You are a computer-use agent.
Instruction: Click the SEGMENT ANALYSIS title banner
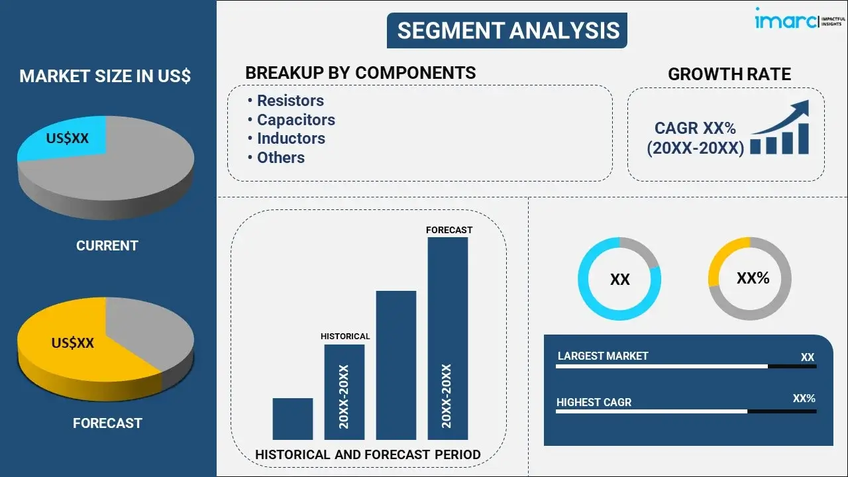point(507,30)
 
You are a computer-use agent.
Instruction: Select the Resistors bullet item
point(290,101)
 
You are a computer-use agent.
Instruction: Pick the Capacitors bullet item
point(295,120)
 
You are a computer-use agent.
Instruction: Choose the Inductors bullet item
point(291,138)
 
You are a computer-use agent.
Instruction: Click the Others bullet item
point(280,158)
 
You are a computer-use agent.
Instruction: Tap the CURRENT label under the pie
point(107,246)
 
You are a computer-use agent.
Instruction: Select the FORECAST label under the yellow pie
point(107,423)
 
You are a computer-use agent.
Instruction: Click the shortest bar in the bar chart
point(292,419)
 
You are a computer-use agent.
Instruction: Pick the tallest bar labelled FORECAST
point(447,338)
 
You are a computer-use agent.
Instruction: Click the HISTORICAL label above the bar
point(345,337)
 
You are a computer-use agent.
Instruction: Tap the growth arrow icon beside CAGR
point(780,129)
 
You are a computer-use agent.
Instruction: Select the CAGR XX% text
point(695,128)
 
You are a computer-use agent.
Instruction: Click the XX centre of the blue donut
point(619,280)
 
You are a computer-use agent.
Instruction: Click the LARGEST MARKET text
point(603,356)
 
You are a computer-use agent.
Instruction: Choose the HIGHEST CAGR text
point(594,402)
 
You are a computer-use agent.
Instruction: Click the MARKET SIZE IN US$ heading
point(105,76)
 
